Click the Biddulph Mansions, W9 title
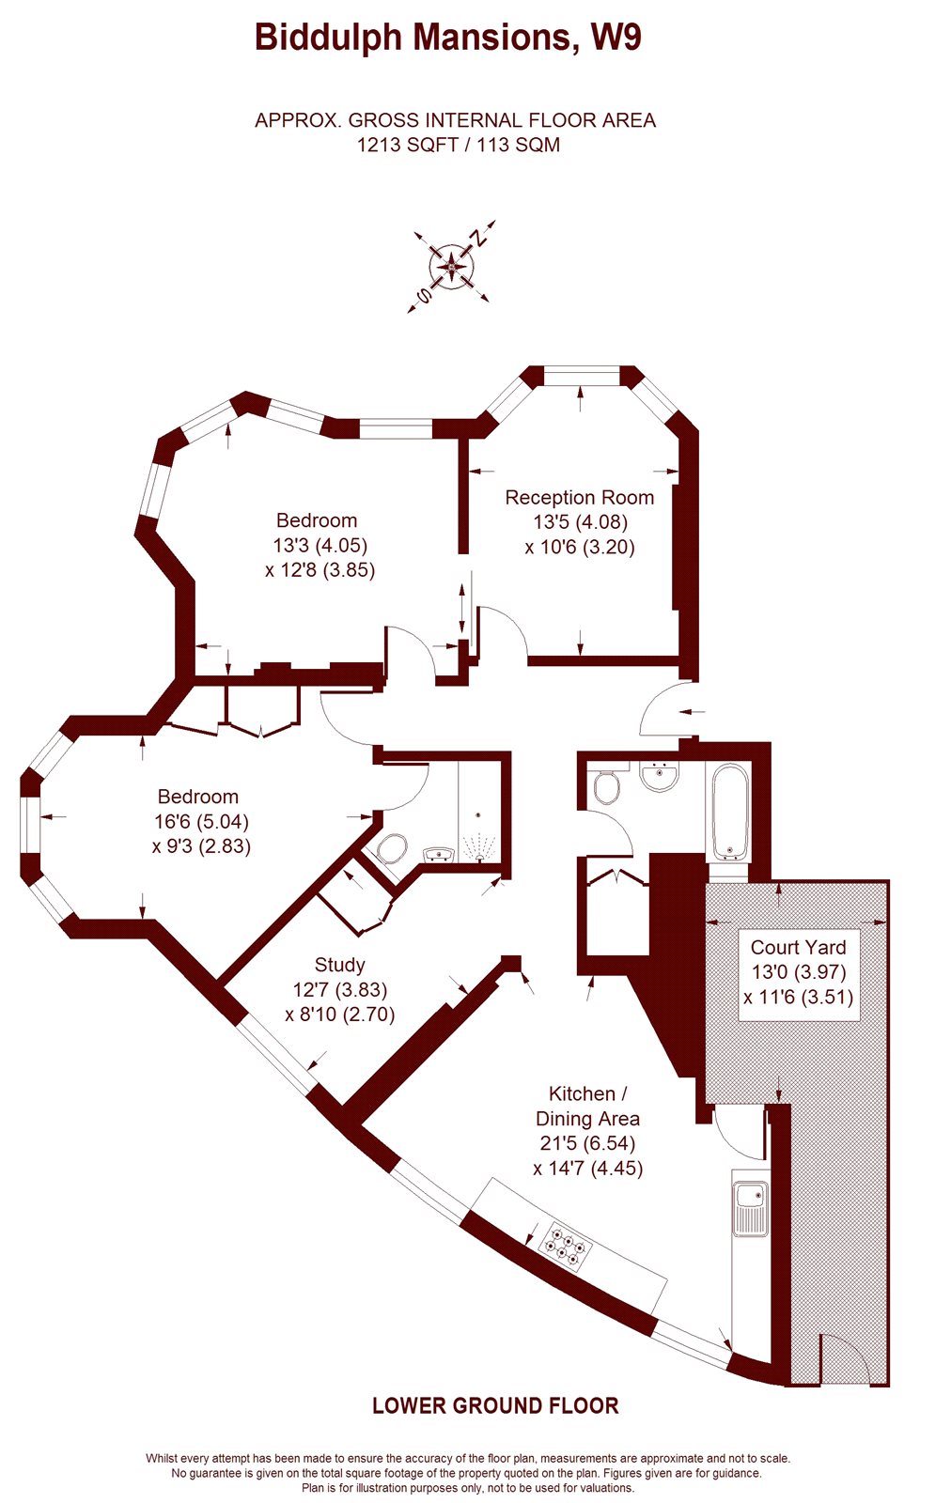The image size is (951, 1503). (x=448, y=38)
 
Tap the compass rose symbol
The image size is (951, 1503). (x=453, y=269)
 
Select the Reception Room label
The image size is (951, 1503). (x=579, y=497)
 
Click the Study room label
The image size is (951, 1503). (x=339, y=965)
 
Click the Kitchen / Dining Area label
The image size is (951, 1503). (x=587, y=1106)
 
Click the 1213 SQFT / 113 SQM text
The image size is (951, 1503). (x=458, y=145)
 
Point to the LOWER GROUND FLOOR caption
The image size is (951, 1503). (x=495, y=1405)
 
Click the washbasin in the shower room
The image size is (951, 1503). (x=439, y=854)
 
